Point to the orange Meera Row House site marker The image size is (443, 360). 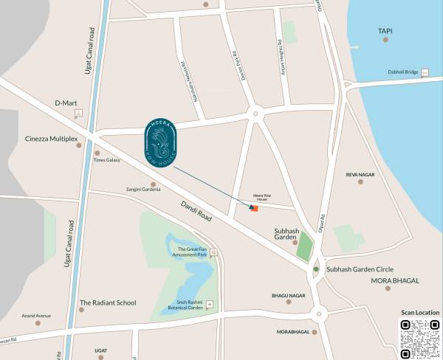pyautogui.click(x=254, y=210)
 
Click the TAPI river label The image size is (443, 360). pyautogui.click(x=385, y=31)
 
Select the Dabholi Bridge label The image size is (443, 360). pyautogui.click(x=403, y=72)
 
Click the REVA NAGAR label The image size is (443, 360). pyautogui.click(x=360, y=175)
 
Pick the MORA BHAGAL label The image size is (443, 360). pyautogui.click(x=395, y=281)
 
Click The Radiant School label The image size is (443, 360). pyautogui.click(x=108, y=302)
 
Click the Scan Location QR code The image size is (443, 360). pyautogui.click(x=420, y=339)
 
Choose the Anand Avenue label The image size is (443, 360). pyautogui.click(x=37, y=316)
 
